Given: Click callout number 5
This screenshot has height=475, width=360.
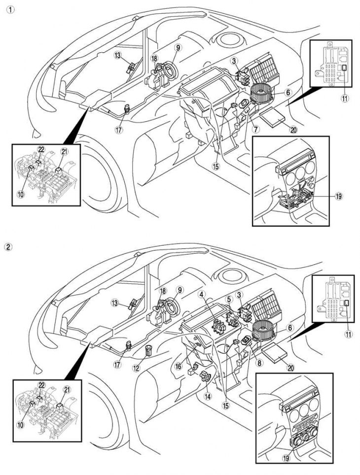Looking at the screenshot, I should point(229,299).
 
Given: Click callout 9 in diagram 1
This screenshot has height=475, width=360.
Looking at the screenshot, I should point(178,48).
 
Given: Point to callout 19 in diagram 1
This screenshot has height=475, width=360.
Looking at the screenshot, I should point(338,196).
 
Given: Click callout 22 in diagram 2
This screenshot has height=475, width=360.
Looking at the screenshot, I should point(41,384).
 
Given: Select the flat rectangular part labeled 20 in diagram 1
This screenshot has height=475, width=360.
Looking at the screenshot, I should point(274,118).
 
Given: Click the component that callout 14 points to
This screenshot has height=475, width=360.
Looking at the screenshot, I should point(205,379).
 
